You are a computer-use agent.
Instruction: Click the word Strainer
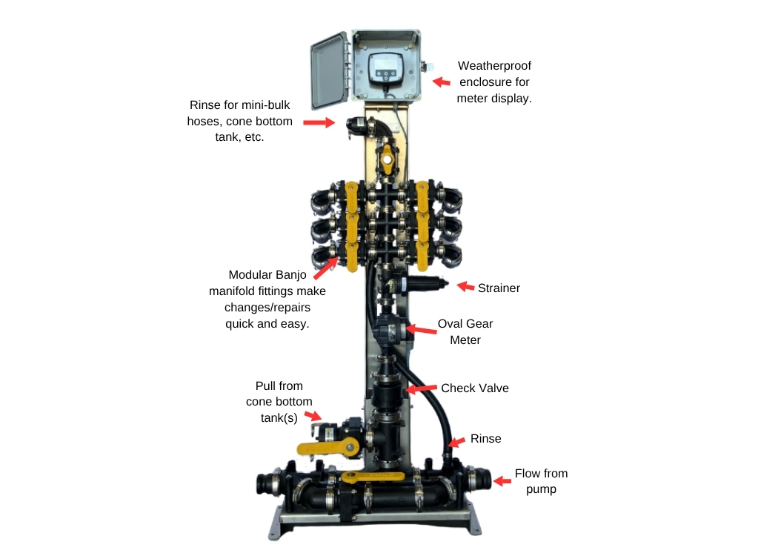499,288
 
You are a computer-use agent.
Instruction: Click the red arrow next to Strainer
465,286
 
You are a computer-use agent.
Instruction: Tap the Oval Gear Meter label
465,332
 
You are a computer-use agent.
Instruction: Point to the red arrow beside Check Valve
421,388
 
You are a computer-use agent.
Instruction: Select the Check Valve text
474,388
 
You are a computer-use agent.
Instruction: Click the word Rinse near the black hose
485,439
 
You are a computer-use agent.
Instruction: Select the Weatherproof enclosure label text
493,82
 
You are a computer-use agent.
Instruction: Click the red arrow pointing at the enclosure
442,82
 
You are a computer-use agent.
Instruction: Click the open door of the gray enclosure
329,70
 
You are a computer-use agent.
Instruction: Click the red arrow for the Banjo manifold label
329,265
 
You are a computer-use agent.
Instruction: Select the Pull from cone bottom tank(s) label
279,402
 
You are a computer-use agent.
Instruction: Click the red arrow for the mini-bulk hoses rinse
319,122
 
